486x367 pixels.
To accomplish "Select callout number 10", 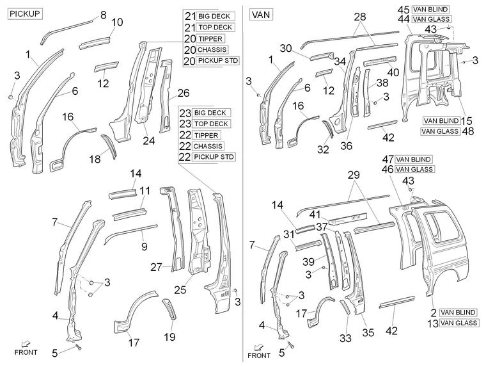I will tap(117, 22).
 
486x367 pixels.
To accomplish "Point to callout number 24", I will tap(149, 140).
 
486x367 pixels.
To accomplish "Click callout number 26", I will tap(184, 93).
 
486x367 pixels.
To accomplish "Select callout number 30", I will tap(285, 48).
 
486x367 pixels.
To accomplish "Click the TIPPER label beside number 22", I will tap(208, 135).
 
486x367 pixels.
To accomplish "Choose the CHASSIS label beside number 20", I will tap(212, 49).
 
